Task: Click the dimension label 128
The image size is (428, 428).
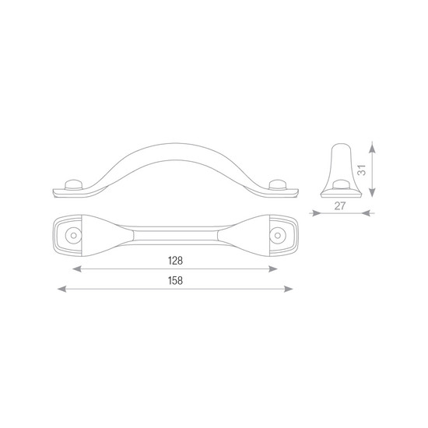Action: tap(175, 261)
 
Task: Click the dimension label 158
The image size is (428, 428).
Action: tap(175, 281)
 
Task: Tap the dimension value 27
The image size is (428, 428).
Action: tap(340, 205)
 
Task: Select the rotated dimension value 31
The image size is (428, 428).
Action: tap(362, 170)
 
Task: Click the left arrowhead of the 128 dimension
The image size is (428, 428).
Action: tap(77, 269)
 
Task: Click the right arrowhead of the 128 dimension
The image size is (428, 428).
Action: tap(273, 269)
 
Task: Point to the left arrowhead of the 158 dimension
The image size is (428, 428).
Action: tap(61, 289)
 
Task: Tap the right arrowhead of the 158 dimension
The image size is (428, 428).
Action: tap(288, 289)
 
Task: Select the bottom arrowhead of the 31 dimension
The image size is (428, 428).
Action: tap(372, 191)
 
